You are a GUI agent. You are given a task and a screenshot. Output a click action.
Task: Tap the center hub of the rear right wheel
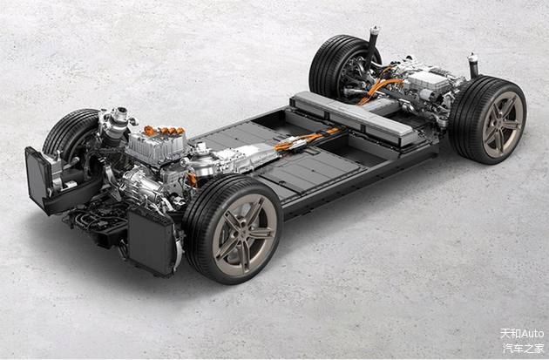click(502, 124)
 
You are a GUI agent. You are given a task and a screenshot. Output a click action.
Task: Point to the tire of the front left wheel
click(69, 133)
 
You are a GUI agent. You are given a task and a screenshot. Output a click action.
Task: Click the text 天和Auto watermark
click(522, 333)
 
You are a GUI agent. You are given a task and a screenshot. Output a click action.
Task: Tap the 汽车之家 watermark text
click(523, 348)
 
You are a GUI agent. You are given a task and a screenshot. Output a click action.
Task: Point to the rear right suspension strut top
click(473, 65)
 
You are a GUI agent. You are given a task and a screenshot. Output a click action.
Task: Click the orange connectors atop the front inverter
click(164, 130)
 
